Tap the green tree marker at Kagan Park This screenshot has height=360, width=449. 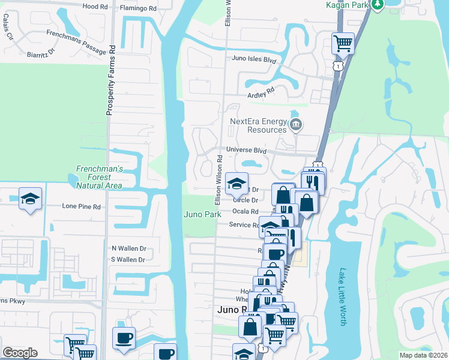377,4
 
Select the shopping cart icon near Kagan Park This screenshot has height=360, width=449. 343,43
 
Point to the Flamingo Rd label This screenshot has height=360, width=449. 138,8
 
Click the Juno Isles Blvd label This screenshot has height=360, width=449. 254,59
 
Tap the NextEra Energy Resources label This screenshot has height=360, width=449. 258,125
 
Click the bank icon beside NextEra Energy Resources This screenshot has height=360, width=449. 295,125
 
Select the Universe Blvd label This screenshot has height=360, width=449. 246,150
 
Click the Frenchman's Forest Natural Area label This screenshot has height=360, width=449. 99,177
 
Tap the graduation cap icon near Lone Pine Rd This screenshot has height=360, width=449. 29,199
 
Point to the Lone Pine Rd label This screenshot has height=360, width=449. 82,206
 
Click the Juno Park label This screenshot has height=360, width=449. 198,214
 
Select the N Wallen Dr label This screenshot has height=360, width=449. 128,248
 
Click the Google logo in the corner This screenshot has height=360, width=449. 20,353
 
